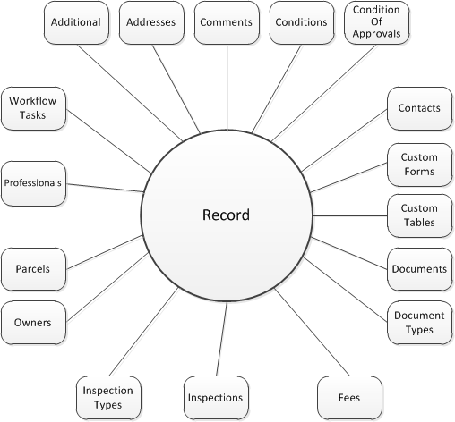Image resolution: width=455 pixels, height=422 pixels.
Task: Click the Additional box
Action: click(76, 22)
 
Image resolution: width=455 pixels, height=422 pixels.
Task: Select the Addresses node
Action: click(151, 22)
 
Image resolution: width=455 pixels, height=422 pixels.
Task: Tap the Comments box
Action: click(227, 22)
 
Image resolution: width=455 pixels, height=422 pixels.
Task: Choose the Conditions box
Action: click(301, 22)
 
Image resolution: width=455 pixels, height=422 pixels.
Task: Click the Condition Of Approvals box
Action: click(377, 22)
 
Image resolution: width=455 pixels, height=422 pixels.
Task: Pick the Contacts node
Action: click(419, 109)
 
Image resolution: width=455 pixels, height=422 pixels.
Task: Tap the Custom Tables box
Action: click(419, 215)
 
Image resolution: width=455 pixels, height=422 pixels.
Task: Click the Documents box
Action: click(419, 269)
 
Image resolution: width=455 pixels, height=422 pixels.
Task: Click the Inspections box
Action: click(215, 397)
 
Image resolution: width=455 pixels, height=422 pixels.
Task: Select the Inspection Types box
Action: click(107, 397)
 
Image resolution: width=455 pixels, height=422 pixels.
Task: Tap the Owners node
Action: click(32, 323)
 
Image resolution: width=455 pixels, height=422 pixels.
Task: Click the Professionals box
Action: click(32, 182)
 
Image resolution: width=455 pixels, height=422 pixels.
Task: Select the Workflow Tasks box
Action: click(32, 109)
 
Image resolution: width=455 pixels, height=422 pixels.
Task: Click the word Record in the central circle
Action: click(226, 215)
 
